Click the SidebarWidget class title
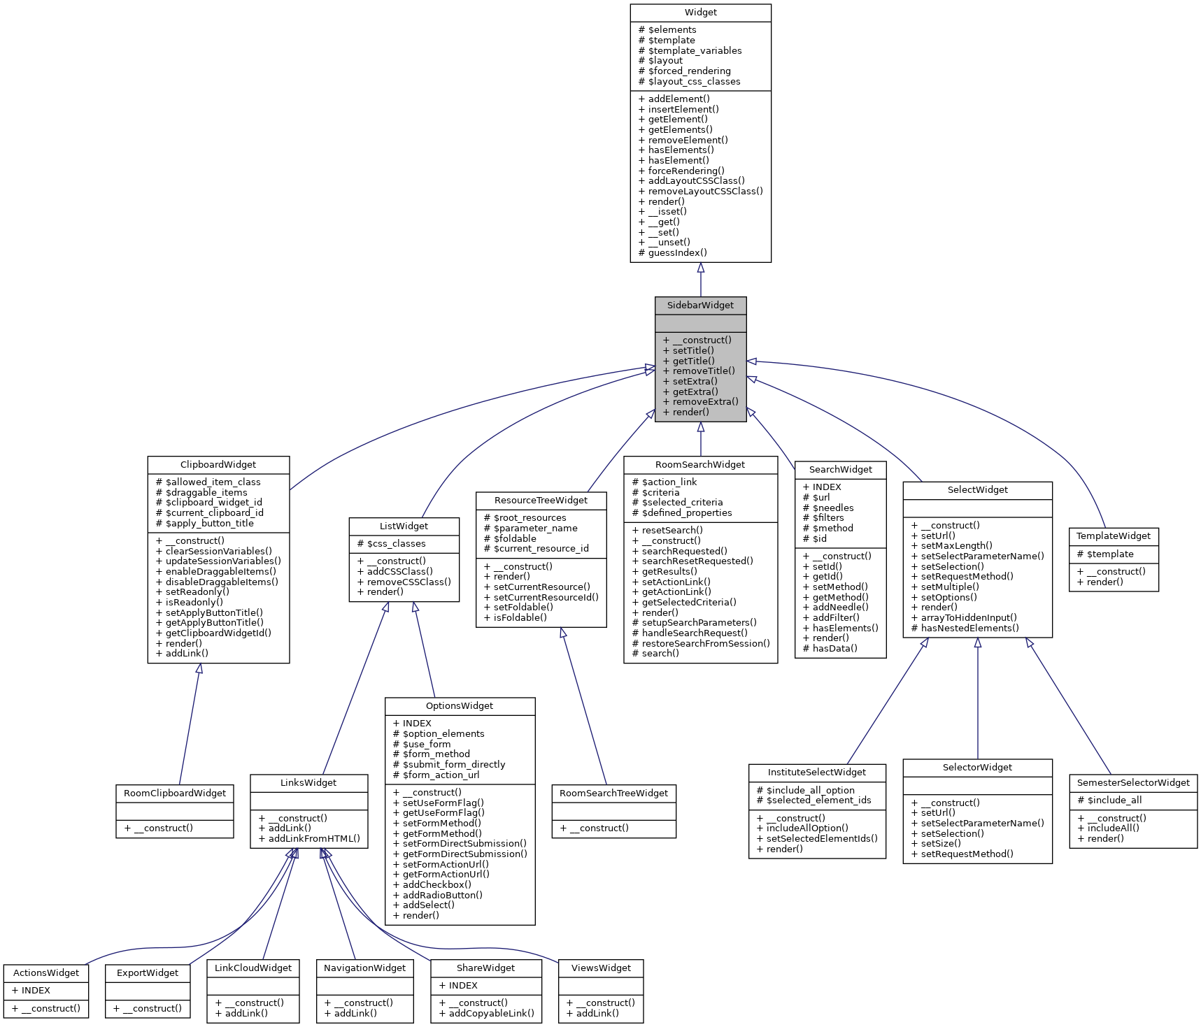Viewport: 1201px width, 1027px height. pyautogui.click(x=700, y=306)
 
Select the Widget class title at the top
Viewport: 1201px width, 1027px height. pyautogui.click(x=700, y=13)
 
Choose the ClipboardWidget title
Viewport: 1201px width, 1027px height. pyautogui.click(x=218, y=465)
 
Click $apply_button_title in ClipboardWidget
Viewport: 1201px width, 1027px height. pyautogui.click(x=209, y=524)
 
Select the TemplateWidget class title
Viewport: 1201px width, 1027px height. pyautogui.click(x=1113, y=536)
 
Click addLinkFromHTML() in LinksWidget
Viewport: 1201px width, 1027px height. pyautogui.click(x=314, y=839)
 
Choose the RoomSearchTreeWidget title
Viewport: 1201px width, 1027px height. pyautogui.click(x=613, y=793)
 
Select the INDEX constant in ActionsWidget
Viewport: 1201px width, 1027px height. pyautogui.click(x=36, y=991)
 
